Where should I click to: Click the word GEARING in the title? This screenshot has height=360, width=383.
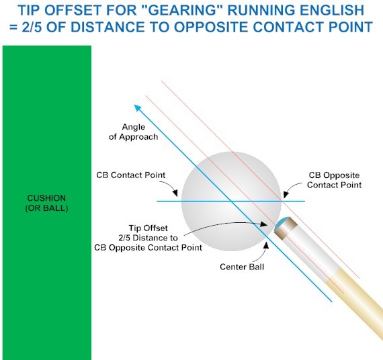[x=181, y=10]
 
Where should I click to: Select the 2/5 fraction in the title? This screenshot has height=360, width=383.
[x=32, y=27]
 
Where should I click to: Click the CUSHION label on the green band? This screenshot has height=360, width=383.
[x=46, y=198]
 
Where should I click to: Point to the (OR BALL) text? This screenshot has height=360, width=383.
[x=46, y=208]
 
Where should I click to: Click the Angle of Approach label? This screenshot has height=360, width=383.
[x=133, y=132]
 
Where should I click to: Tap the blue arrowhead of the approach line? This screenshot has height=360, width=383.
[x=138, y=108]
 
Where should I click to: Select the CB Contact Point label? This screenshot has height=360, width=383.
[x=131, y=175]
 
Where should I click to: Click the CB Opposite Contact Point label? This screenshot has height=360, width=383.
[x=334, y=180]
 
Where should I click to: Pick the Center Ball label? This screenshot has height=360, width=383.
[x=242, y=267]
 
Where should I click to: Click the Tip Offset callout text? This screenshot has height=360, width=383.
[x=148, y=238]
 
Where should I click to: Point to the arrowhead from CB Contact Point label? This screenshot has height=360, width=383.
[x=175, y=193]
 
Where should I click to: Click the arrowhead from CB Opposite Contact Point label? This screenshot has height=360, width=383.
[x=286, y=195]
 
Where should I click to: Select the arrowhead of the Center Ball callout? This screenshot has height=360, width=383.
[x=267, y=245]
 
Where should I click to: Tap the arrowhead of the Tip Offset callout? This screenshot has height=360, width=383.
[x=264, y=224]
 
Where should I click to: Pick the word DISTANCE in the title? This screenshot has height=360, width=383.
[x=103, y=27]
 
